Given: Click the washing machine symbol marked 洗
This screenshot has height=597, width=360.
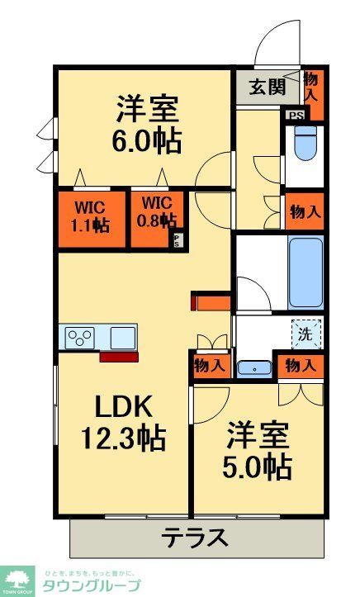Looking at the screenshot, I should (306, 334).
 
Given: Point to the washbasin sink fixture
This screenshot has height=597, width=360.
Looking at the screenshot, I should (253, 368).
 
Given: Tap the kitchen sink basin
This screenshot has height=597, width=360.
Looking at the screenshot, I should (122, 338).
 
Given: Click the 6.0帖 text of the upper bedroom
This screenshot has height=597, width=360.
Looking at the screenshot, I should (147, 140).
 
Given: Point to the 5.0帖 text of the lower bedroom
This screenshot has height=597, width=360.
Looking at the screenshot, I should (258, 467).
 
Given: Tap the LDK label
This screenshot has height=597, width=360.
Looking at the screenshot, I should (122, 406).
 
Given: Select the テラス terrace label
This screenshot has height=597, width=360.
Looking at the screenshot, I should (194, 538).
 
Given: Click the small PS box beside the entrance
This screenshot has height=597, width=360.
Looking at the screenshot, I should (295, 116).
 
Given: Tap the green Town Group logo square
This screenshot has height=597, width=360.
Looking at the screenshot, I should (17, 580).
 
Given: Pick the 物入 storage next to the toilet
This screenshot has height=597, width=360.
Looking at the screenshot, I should (305, 211).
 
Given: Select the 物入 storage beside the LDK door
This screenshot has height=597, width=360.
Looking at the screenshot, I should (207, 364).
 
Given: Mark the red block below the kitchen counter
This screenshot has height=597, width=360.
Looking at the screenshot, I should (116, 357).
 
